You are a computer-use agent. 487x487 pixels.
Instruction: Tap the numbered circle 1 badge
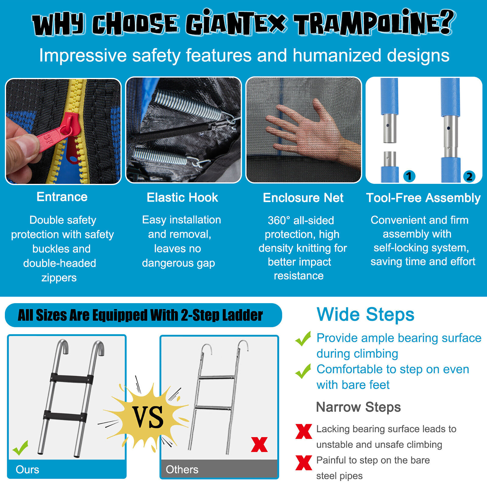(x=409, y=176)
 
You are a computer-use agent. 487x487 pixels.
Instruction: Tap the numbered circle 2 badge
(x=469, y=176)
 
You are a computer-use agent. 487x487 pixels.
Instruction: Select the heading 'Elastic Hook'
(x=182, y=197)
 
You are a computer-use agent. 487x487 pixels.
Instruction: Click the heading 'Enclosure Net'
(x=303, y=198)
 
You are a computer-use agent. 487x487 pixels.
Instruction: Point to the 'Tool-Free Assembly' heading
(x=423, y=198)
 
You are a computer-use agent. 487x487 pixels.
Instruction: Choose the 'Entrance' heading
(x=62, y=197)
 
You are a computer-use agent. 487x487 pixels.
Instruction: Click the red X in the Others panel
(x=259, y=444)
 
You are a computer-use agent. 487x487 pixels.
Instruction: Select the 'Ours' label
(x=27, y=469)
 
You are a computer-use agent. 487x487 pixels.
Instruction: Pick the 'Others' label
(x=182, y=469)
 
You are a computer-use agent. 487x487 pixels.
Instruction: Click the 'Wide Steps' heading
(x=365, y=314)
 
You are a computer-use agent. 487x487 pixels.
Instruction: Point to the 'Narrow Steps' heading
(x=358, y=407)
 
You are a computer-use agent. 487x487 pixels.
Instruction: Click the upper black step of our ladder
(x=72, y=378)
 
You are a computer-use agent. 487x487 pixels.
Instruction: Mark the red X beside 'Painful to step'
(x=304, y=463)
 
